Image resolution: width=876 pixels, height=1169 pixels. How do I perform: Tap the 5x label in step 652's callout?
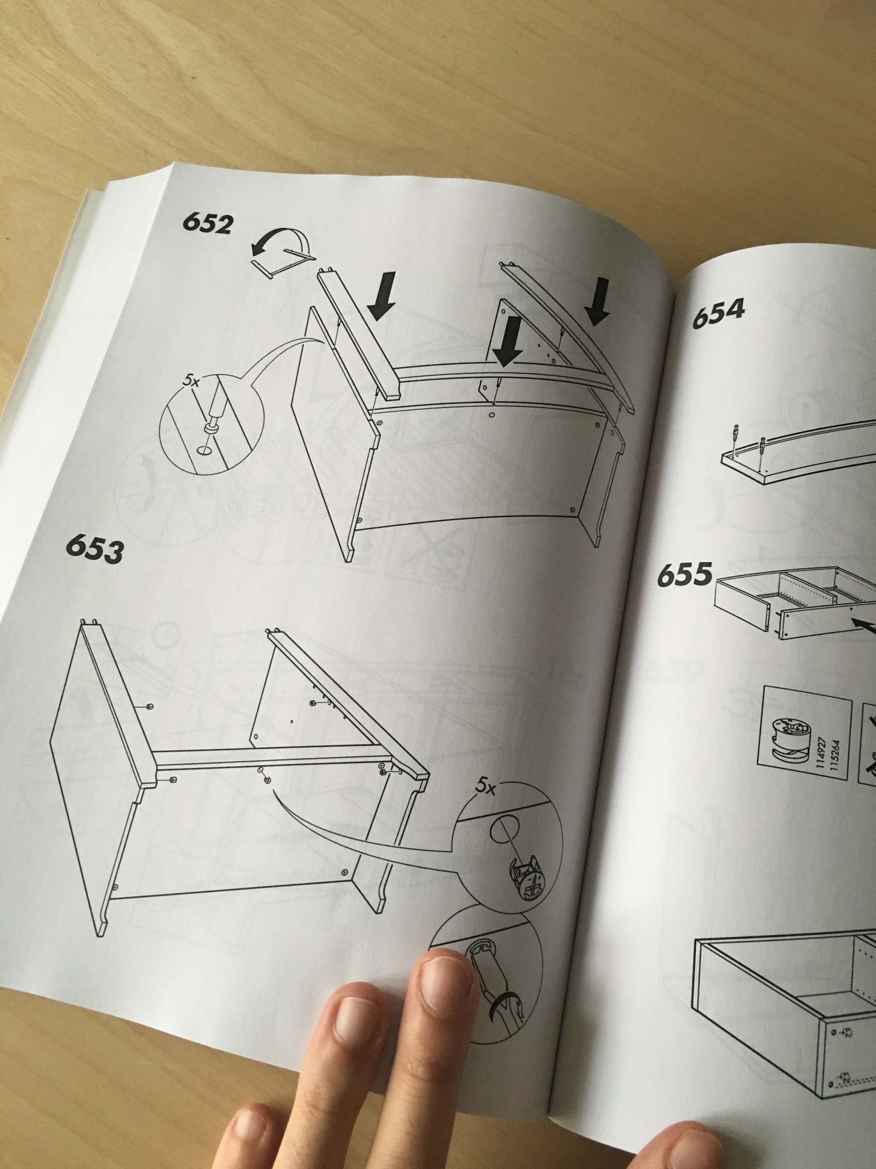coord(191,381)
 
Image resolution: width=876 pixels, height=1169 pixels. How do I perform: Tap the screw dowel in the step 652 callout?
coord(214,412)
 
